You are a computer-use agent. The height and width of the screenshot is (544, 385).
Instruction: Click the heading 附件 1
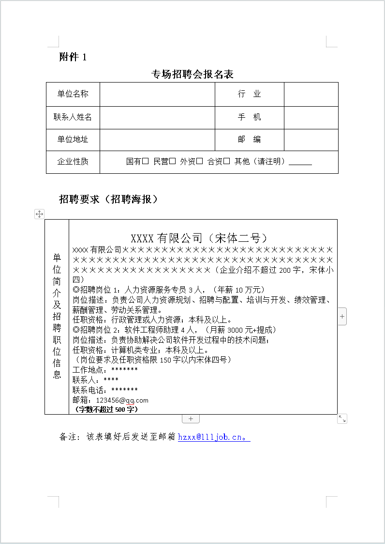tap(73, 57)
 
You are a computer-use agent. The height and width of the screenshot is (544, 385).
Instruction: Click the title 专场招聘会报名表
tap(192, 74)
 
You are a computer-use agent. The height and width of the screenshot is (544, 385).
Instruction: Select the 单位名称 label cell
tap(73, 94)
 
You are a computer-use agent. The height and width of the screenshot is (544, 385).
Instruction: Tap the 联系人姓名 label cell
tap(73, 117)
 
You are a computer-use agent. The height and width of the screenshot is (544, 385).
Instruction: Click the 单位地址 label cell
tap(73, 139)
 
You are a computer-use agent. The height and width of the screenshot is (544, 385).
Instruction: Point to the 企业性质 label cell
tap(73, 162)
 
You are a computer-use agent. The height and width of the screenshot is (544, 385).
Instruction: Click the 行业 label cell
tap(249, 94)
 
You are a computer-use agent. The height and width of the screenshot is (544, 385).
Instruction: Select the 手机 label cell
tap(249, 117)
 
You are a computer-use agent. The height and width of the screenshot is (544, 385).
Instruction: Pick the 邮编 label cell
tap(249, 139)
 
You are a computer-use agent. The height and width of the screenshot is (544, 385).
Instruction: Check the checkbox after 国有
tap(146, 162)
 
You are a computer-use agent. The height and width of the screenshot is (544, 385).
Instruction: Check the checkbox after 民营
tap(173, 162)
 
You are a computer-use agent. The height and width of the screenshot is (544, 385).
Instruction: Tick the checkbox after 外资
tap(200, 162)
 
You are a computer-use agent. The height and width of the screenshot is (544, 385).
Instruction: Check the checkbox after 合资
tap(227, 162)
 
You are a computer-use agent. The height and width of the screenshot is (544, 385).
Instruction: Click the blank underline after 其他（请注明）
tap(300, 163)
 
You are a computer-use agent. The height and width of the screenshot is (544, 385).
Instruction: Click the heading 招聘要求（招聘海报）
tap(109, 199)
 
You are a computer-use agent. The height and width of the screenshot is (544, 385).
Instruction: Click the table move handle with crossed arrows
tap(40, 214)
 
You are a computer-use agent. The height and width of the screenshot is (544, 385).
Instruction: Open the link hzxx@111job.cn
tap(213, 437)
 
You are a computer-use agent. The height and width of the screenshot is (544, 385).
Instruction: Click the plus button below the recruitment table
tap(191, 418)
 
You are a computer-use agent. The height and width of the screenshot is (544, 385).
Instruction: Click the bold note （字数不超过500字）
tap(106, 409)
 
